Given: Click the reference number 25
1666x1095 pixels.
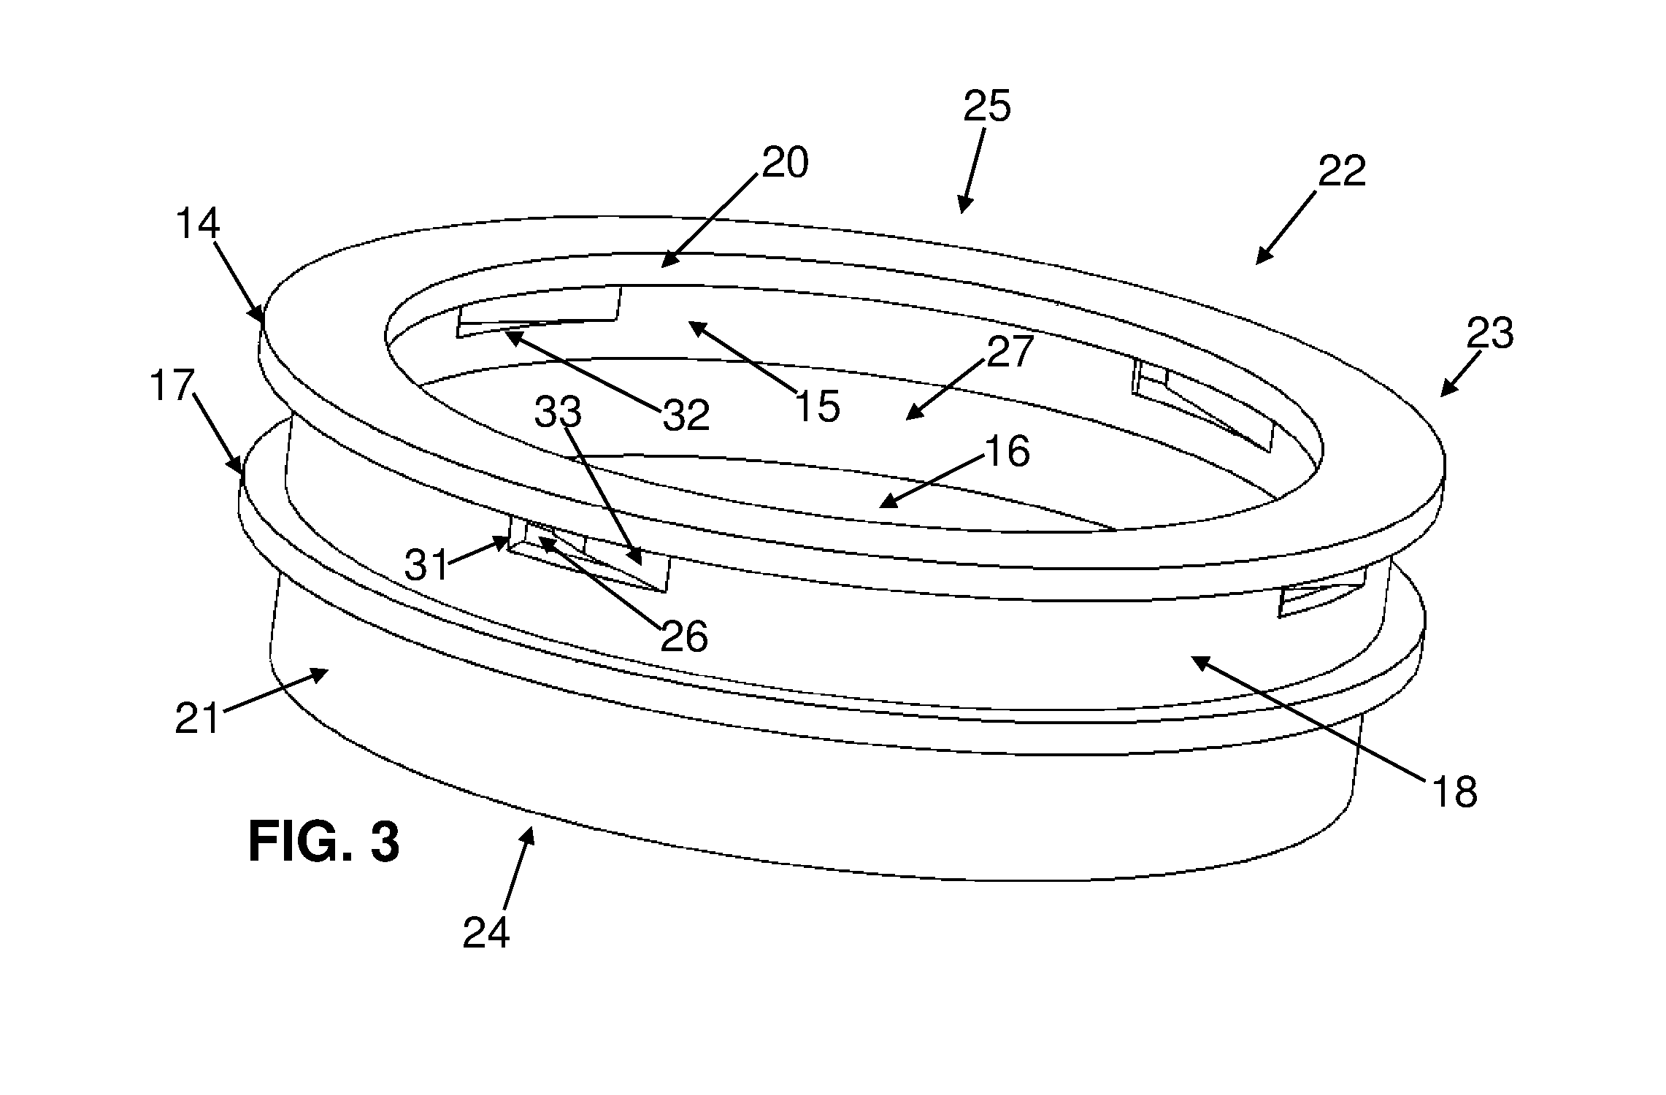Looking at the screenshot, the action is click(987, 107).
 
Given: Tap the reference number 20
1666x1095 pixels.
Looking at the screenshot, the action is click(786, 163).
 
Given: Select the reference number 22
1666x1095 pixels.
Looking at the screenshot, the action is click(1342, 172).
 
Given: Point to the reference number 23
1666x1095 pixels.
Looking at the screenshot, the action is click(1490, 334).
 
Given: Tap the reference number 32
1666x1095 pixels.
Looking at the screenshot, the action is click(686, 415).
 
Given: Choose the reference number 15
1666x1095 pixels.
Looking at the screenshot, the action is click(818, 407).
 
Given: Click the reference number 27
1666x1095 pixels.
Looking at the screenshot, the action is click(1010, 352).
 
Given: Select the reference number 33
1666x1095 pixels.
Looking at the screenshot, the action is click(558, 412).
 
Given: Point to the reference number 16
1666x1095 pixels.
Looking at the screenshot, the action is click(1007, 451).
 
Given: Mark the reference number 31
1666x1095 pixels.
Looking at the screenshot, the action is click(426, 565).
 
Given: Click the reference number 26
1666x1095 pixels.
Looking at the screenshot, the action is click(684, 637).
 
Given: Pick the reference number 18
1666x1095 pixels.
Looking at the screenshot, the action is click(1455, 791).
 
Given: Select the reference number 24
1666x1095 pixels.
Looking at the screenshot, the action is click(486, 932).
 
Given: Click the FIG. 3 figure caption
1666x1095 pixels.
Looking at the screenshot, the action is click(324, 842).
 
